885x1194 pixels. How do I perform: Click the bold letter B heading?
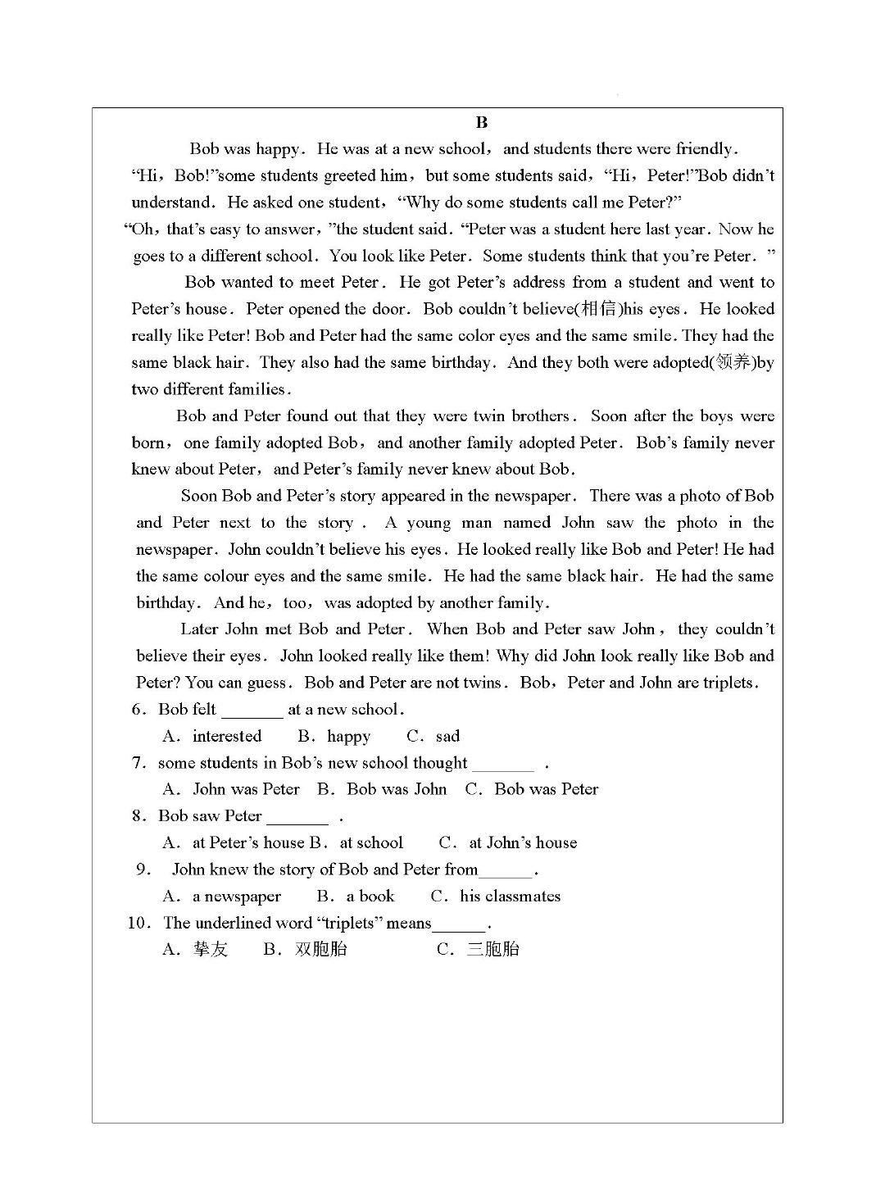pyautogui.click(x=482, y=123)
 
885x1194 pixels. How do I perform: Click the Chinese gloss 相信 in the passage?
pyautogui.click(x=599, y=309)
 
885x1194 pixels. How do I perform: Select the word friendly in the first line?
pyautogui.click(x=706, y=149)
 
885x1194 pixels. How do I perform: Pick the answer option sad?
pyautogui.click(x=447, y=737)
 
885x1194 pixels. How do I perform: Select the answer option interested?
pyautogui.click(x=226, y=737)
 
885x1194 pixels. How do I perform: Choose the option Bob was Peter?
pyautogui.click(x=546, y=789)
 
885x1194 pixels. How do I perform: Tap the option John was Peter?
pyautogui.click(x=246, y=789)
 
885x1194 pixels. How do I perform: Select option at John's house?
pyautogui.click(x=522, y=842)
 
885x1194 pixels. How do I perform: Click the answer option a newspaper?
pyautogui.click(x=236, y=897)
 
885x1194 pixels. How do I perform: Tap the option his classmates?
pyautogui.click(x=510, y=897)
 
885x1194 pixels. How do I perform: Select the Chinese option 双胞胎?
pyautogui.click(x=320, y=950)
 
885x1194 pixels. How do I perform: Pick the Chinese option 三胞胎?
pyautogui.click(x=492, y=950)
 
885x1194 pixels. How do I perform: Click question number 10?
pyautogui.click(x=138, y=923)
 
